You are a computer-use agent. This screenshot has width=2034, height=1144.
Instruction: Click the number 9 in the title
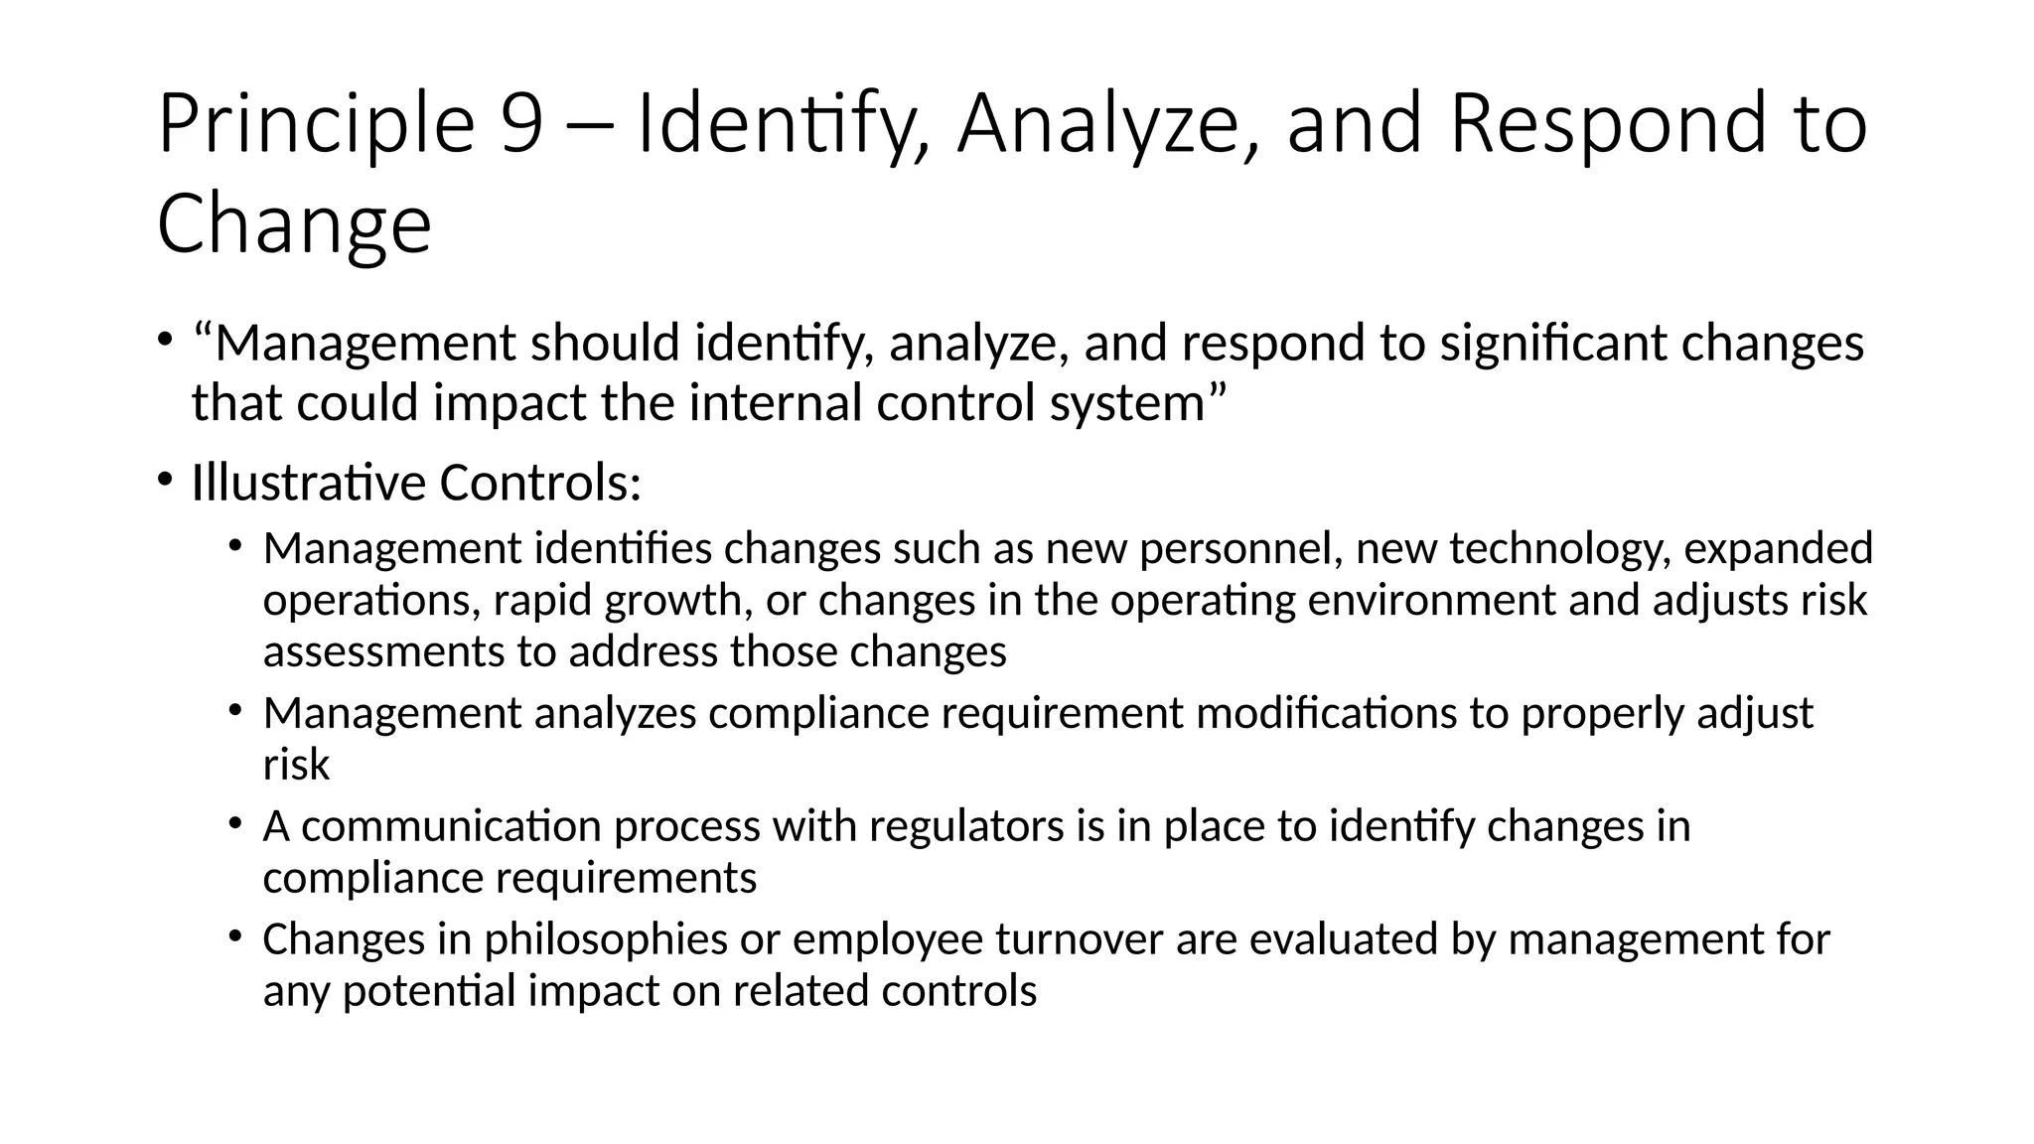coord(521,124)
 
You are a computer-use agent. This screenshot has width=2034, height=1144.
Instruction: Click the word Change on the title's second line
coord(294,224)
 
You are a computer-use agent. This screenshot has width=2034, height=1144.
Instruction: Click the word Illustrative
coord(309,484)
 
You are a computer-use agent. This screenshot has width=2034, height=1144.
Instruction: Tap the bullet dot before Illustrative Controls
coord(165,479)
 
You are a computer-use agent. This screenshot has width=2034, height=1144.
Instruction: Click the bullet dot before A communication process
coord(235,822)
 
